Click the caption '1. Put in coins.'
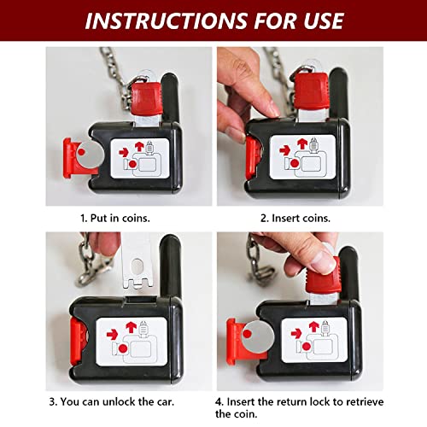click(115, 219)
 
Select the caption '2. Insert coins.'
click(295, 219)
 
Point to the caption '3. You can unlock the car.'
click(112, 401)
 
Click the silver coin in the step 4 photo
click(258, 337)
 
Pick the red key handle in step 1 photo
click(146, 98)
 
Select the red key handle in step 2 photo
click(311, 91)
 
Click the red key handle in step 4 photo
click(323, 279)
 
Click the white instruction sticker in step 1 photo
click(140, 159)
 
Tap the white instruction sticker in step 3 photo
click(132, 342)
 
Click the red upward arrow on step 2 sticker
click(302, 144)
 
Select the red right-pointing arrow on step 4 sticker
click(296, 333)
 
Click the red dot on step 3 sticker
click(123, 348)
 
